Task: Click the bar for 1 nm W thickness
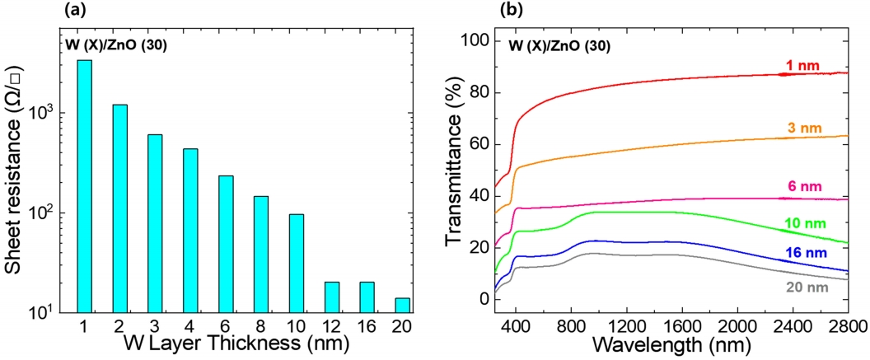point(84,186)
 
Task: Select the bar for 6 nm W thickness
point(225,244)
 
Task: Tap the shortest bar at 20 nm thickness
point(402,305)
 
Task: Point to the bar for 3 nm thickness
point(155,223)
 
